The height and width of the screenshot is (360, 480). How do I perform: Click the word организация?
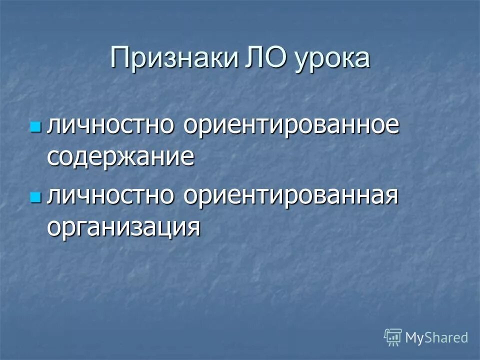pyautogui.click(x=124, y=227)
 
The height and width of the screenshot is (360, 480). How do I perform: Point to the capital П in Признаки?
pyautogui.click(x=121, y=58)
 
